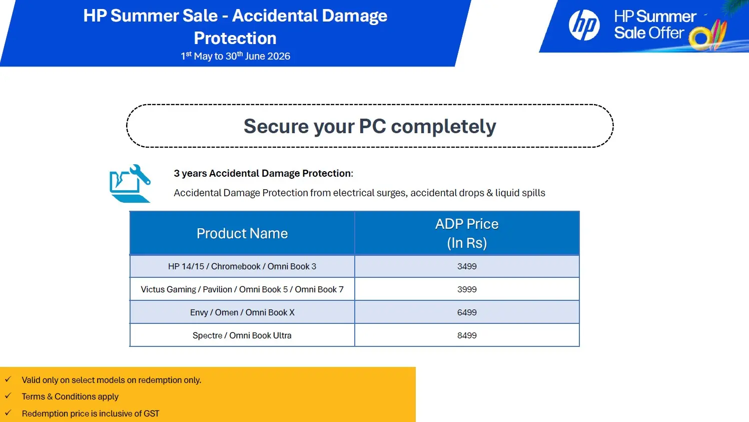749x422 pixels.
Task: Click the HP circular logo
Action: (584, 25)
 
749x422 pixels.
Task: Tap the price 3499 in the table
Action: (467, 266)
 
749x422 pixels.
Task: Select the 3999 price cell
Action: (467, 289)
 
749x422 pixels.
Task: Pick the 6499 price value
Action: (467, 312)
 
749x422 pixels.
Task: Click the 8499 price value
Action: (467, 335)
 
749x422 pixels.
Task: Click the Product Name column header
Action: (242, 233)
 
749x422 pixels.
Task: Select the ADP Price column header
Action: (467, 233)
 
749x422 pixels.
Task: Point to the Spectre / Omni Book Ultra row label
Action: (242, 335)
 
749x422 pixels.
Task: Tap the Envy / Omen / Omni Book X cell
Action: (242, 312)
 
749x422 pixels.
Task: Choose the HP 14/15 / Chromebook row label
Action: (242, 266)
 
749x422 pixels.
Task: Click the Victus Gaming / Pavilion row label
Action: (242, 289)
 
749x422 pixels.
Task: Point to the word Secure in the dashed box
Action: (276, 126)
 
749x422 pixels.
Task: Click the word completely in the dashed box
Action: (443, 127)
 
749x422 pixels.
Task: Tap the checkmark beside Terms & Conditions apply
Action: (8, 396)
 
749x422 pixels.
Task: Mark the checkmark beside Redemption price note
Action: (8, 412)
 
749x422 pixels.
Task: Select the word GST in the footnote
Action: (152, 413)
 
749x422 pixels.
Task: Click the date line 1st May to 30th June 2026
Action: (235, 56)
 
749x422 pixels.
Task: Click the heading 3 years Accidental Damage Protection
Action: (263, 173)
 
